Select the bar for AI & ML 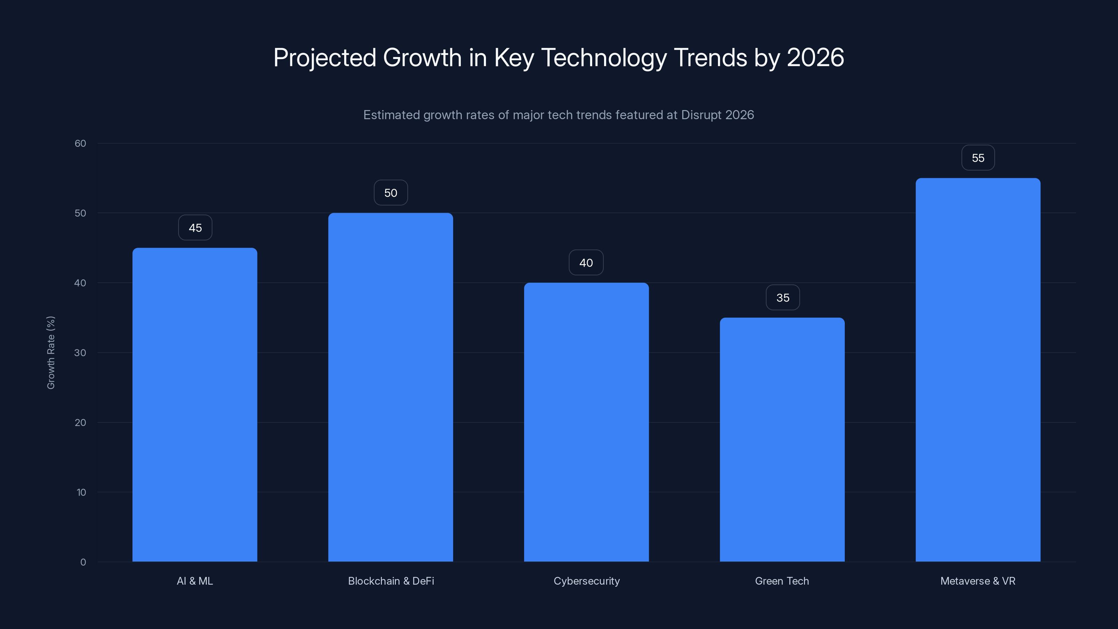click(x=195, y=404)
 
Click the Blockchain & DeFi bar click(x=391, y=387)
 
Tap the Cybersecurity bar click(x=586, y=421)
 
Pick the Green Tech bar click(x=782, y=439)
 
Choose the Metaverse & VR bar click(x=978, y=369)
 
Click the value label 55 click(x=978, y=158)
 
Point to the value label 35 click(x=783, y=298)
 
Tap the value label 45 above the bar click(x=195, y=228)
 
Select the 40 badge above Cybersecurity click(x=586, y=263)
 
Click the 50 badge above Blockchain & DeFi click(x=391, y=193)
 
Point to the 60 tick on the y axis click(x=80, y=144)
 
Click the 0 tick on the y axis click(x=83, y=562)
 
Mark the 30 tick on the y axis click(x=80, y=353)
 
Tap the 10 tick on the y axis click(x=81, y=492)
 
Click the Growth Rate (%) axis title click(x=51, y=353)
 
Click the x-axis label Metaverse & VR click(x=978, y=581)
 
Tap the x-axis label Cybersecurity click(x=586, y=581)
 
